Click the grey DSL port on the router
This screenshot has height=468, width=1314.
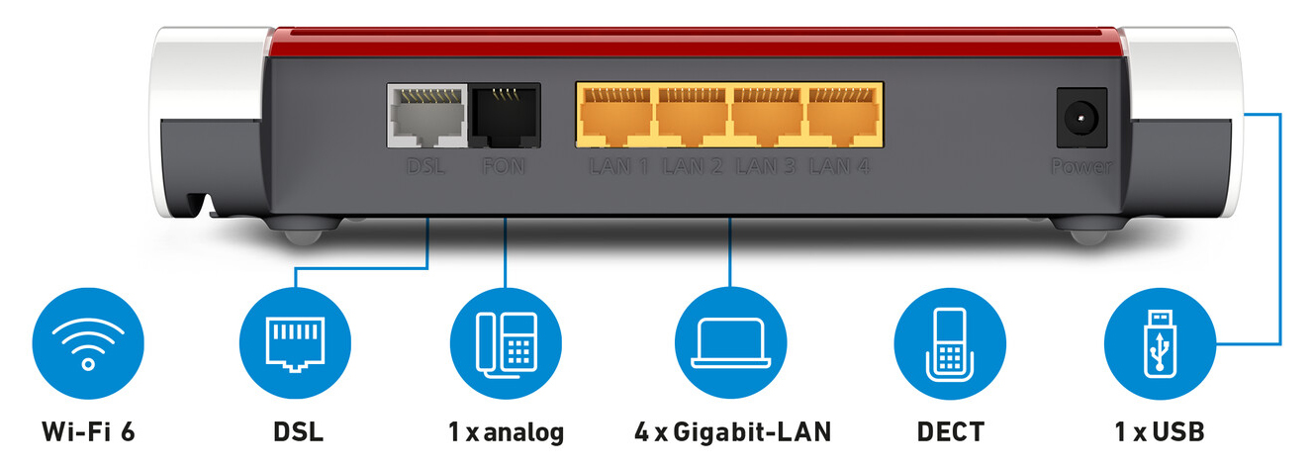(427, 116)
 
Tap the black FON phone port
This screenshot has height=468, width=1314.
(505, 116)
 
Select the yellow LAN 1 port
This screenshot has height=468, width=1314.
(615, 116)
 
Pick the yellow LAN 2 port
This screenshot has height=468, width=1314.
(692, 116)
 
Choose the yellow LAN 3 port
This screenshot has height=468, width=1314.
(767, 116)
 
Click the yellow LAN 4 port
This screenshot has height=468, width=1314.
(843, 116)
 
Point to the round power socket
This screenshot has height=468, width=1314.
(1081, 118)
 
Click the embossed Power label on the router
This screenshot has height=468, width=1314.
(1081, 166)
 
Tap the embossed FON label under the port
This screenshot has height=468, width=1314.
(503, 166)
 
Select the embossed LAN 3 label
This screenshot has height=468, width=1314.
(766, 166)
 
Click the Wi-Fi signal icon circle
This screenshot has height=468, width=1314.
(88, 343)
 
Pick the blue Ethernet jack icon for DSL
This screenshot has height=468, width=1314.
(295, 343)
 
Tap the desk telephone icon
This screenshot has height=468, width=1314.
(506, 343)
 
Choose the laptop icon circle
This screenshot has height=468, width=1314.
(730, 343)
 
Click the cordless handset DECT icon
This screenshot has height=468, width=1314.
(950, 343)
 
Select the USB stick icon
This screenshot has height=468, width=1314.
(1160, 343)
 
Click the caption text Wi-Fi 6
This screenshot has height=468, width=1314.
(89, 432)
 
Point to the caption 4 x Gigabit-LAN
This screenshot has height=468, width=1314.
(732, 432)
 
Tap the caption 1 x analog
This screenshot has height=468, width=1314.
(507, 433)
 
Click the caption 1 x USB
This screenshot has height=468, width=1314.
(1160, 432)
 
